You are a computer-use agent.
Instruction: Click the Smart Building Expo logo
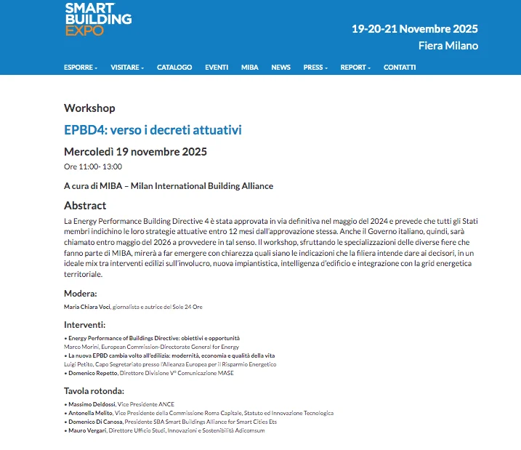point(98,20)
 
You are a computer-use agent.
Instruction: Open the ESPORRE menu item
point(80,68)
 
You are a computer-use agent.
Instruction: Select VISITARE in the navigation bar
point(127,68)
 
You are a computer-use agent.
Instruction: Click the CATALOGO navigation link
point(174,68)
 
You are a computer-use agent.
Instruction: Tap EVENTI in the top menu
point(217,68)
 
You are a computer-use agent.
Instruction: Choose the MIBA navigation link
point(250,68)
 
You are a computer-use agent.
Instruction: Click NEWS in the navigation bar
point(280,68)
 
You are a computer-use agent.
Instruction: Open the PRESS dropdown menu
point(315,68)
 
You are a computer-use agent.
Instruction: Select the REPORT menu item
point(355,68)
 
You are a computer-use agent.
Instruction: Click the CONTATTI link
point(400,68)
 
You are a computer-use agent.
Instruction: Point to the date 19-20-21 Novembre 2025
point(414,29)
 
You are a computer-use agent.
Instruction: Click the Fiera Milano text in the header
point(448,46)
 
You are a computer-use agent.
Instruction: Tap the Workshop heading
point(89,108)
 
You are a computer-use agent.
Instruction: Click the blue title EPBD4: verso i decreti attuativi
point(153,130)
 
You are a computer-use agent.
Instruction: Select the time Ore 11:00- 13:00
point(93,166)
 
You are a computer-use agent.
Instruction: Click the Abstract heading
point(85,206)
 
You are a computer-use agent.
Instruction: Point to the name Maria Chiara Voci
point(87,307)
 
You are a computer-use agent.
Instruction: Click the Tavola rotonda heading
point(97,391)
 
